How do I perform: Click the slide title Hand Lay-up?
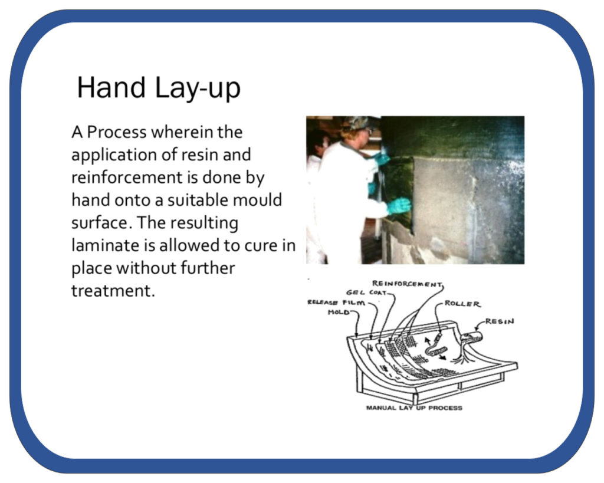coord(159,88)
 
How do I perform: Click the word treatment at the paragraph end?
coord(113,291)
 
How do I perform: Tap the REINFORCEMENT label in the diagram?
coord(408,284)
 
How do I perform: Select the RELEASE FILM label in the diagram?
coord(336,303)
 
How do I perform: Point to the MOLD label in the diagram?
coord(339,312)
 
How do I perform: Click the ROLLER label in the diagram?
coord(462,304)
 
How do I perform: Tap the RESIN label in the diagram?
coord(499,321)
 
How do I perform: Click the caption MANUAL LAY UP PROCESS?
coord(414,408)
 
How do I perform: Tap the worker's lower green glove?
coord(399,206)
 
